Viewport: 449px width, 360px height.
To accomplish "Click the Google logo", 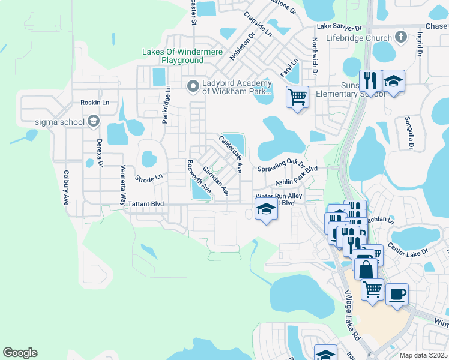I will (x=20, y=353).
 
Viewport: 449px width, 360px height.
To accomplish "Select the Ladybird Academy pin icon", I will (x=193, y=87).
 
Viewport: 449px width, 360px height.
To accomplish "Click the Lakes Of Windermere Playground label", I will (x=173, y=56).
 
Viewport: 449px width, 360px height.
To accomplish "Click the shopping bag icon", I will (x=366, y=268).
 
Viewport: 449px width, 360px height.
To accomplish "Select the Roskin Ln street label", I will (x=95, y=103).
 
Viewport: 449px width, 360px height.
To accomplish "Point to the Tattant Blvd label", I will (x=146, y=204).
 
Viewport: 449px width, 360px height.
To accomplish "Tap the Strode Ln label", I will (x=149, y=178).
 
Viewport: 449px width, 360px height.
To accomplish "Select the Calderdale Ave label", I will (x=231, y=154).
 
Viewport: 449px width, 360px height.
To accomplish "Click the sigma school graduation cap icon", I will (x=93, y=122).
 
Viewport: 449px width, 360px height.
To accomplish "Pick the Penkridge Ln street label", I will (x=166, y=104).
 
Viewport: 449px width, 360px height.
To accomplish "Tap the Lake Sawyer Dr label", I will (x=339, y=28).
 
